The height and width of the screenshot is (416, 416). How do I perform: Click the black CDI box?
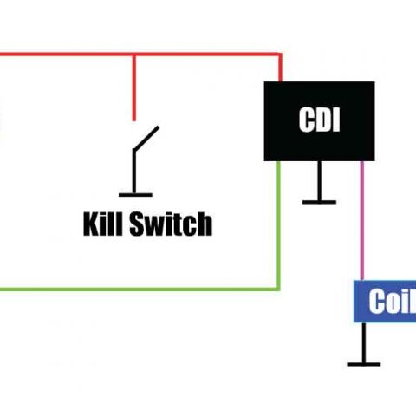click(x=319, y=120)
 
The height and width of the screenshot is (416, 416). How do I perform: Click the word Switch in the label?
click(x=169, y=224)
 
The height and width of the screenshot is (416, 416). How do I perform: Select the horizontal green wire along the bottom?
click(x=139, y=288)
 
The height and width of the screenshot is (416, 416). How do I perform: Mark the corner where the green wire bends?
click(x=278, y=288)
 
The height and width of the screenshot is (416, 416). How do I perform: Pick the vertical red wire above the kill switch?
click(x=133, y=87)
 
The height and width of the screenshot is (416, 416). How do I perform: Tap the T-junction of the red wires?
click(x=133, y=56)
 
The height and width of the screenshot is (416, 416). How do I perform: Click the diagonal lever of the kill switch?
click(x=146, y=139)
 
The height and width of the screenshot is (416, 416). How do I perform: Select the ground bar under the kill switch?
click(x=133, y=195)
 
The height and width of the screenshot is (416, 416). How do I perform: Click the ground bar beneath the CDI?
click(x=319, y=202)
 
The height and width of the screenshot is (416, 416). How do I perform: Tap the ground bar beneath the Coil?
click(x=363, y=364)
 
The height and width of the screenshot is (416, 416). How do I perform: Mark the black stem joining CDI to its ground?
click(x=319, y=180)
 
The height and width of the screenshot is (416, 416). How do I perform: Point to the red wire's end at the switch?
click(x=133, y=119)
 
